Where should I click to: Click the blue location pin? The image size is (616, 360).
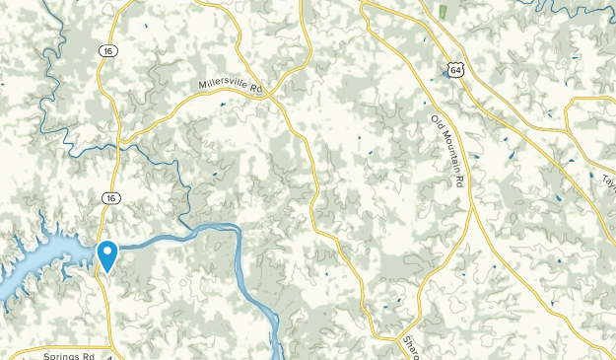click(x=105, y=254)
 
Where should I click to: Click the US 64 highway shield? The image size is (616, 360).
click(x=450, y=69)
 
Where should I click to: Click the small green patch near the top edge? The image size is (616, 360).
click(x=443, y=12)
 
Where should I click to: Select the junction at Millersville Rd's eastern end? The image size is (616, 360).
click(x=280, y=99)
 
